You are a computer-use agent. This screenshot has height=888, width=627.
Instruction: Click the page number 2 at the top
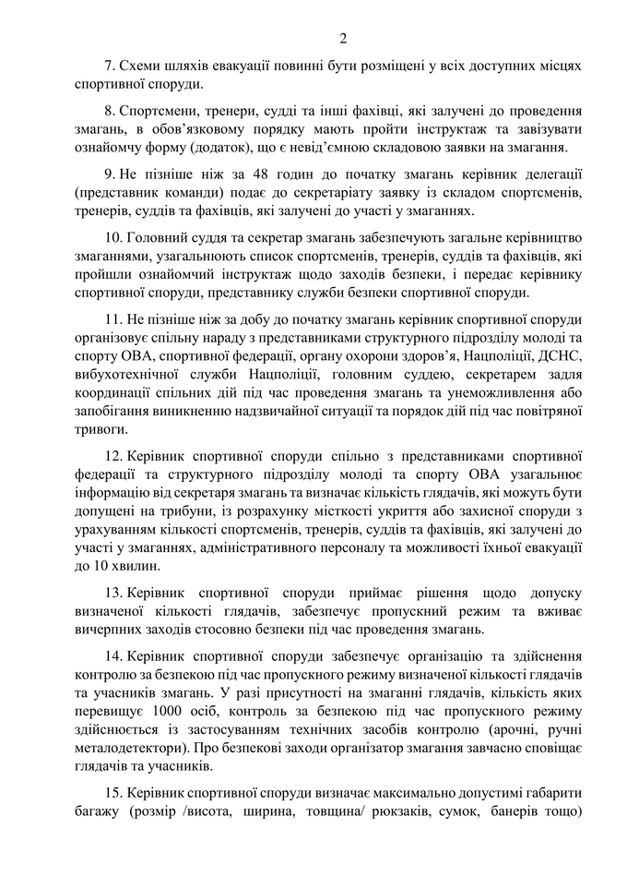point(342,38)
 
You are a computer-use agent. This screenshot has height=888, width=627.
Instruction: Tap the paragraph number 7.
point(108,66)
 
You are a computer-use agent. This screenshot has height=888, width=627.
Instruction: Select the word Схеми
point(137,66)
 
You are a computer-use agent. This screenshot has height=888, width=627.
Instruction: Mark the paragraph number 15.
point(112,794)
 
